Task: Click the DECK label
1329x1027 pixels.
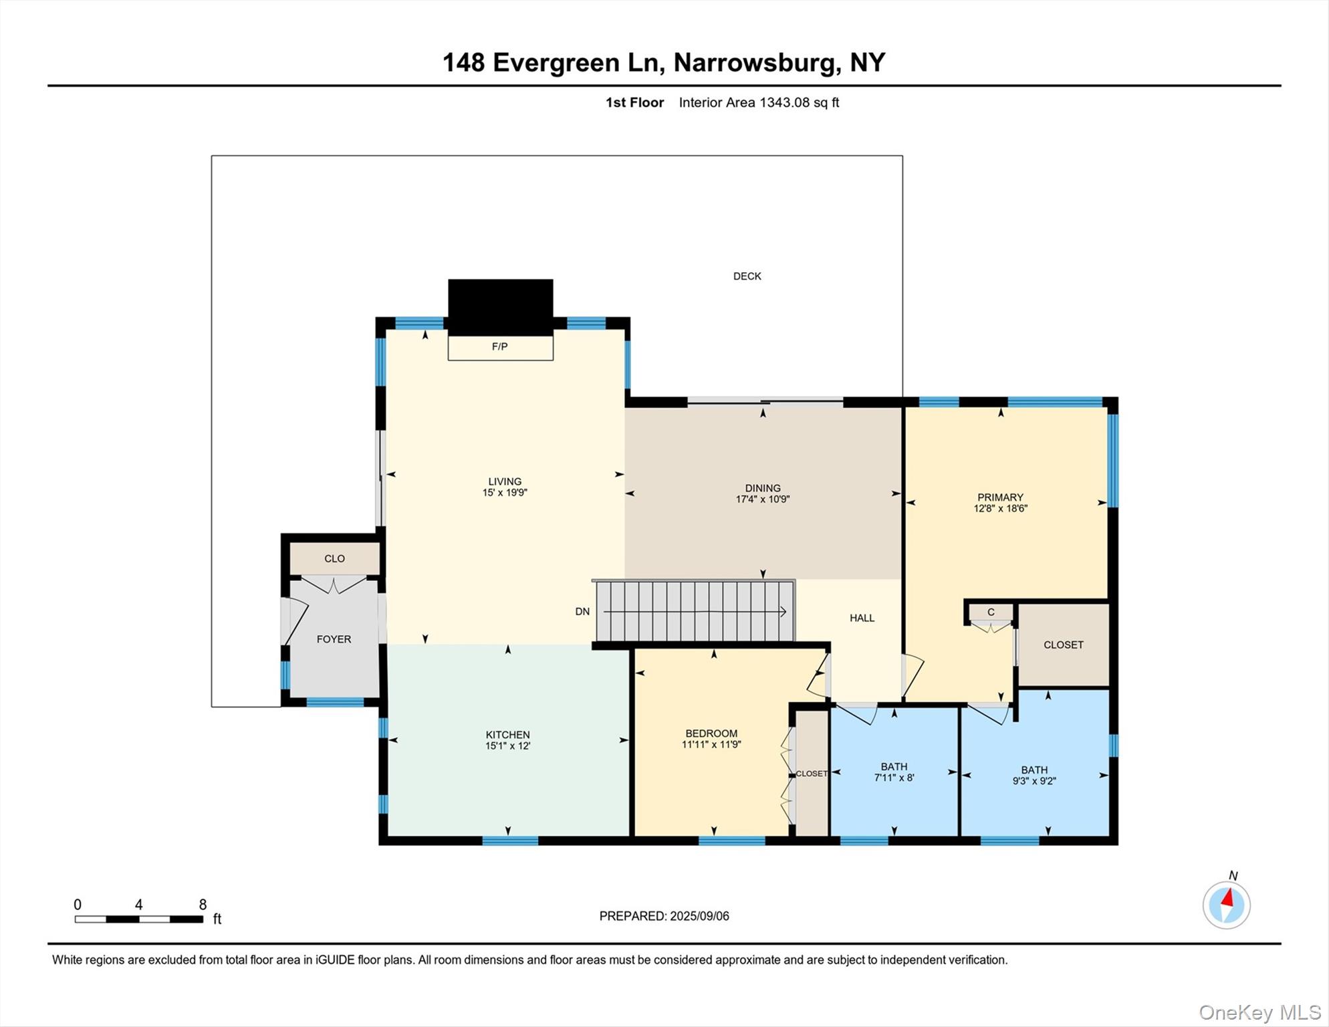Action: point(747,276)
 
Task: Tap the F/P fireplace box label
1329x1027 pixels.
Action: point(499,346)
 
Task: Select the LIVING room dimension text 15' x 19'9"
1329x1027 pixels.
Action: point(505,493)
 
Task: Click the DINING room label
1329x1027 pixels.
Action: point(763,488)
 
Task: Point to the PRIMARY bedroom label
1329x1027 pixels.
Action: point(1000,497)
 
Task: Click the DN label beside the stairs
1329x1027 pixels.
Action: point(582,611)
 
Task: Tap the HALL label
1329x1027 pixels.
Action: point(862,618)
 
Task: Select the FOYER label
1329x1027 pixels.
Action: point(334,639)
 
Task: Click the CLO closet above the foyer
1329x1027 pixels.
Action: point(334,558)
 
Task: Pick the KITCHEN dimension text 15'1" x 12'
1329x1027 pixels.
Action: point(507,746)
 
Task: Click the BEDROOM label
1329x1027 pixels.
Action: point(711,733)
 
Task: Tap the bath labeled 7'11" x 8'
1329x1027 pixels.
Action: point(894,772)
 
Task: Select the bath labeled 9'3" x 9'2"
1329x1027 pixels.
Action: point(1034,776)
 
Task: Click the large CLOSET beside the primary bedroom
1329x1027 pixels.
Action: point(1063,645)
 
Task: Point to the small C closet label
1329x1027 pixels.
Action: point(991,612)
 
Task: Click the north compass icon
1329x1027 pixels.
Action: point(1226,905)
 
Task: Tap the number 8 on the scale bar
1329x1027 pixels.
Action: point(203,905)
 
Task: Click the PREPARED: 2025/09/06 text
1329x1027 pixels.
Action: point(664,916)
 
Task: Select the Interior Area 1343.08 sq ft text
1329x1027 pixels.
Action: point(759,102)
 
